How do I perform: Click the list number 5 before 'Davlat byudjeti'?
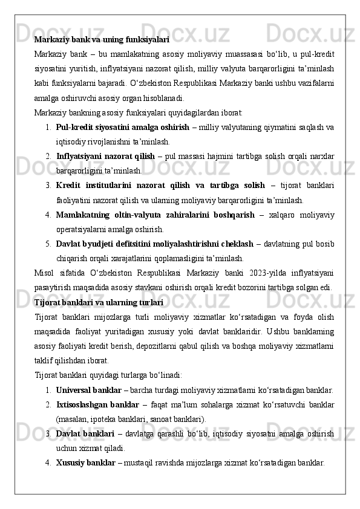coord(47,244)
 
